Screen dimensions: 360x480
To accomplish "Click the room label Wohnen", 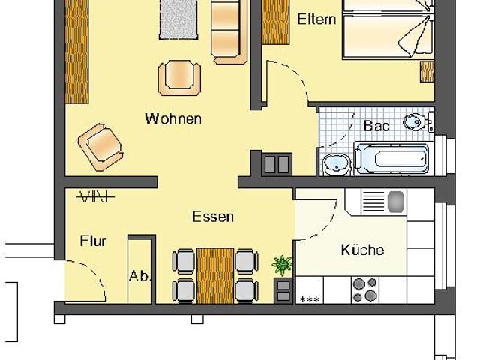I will point(173,118).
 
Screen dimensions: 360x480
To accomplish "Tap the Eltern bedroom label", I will point(316,19).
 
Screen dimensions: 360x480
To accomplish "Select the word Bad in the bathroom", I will point(376,126).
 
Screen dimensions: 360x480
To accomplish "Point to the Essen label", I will point(213,217).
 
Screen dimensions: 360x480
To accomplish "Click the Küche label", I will point(362,250).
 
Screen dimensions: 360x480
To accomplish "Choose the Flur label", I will point(93,241).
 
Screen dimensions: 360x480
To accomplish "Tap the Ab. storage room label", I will point(140,275).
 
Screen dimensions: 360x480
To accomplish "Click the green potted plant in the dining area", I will point(283,265).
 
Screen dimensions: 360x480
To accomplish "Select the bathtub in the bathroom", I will point(391,158).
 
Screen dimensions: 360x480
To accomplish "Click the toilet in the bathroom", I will point(413,121).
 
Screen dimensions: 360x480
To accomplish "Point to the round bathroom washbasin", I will point(334,162).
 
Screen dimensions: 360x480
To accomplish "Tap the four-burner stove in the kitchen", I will point(365,289).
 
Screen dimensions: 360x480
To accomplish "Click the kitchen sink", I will point(384,201).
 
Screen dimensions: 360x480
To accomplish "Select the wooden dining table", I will point(215,274).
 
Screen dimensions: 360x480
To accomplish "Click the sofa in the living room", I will point(228,30).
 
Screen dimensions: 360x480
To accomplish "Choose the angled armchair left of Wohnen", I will point(100,145).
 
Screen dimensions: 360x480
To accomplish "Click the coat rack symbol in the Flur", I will point(95,196).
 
